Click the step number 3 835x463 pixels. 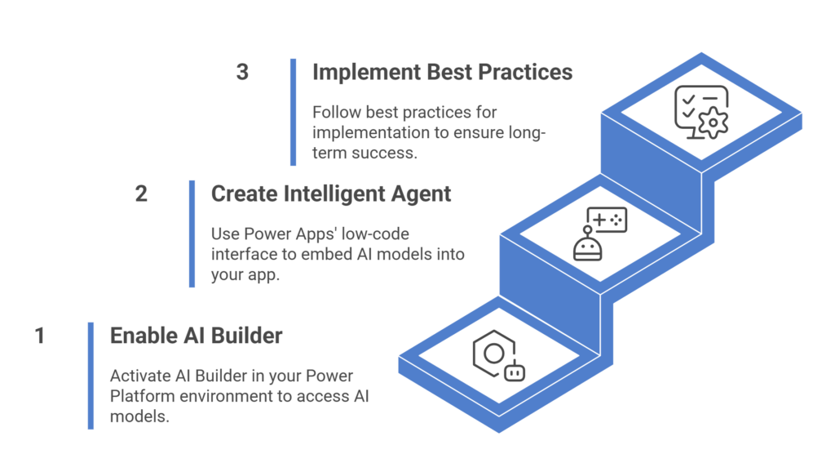tap(242, 72)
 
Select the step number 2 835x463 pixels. tap(141, 194)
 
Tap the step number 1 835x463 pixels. tap(39, 336)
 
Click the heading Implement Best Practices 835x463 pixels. tap(442, 72)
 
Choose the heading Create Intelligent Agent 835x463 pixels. tap(331, 194)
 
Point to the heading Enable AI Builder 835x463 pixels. tap(196, 336)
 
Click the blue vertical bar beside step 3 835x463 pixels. tap(293, 112)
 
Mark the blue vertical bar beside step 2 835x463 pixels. tap(192, 234)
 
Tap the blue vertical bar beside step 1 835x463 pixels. tap(91, 376)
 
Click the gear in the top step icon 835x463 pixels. tap(713, 122)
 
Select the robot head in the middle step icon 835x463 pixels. tap(587, 247)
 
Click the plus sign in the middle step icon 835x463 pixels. tap(599, 219)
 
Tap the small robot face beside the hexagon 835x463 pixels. tap(515, 372)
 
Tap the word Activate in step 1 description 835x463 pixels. tap(140, 376)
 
